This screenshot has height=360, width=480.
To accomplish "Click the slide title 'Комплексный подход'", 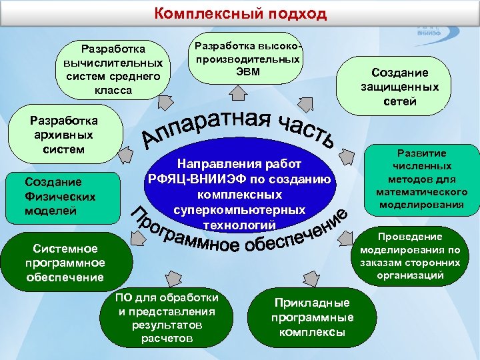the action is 241,13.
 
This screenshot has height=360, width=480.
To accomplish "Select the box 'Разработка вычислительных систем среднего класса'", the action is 113,69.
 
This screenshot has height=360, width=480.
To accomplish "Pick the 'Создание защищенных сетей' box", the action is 400,87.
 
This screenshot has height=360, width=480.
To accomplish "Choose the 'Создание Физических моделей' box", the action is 60,197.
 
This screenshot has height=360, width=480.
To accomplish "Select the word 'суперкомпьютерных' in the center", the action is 239,209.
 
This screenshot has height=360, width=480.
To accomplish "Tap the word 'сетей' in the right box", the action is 400,101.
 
